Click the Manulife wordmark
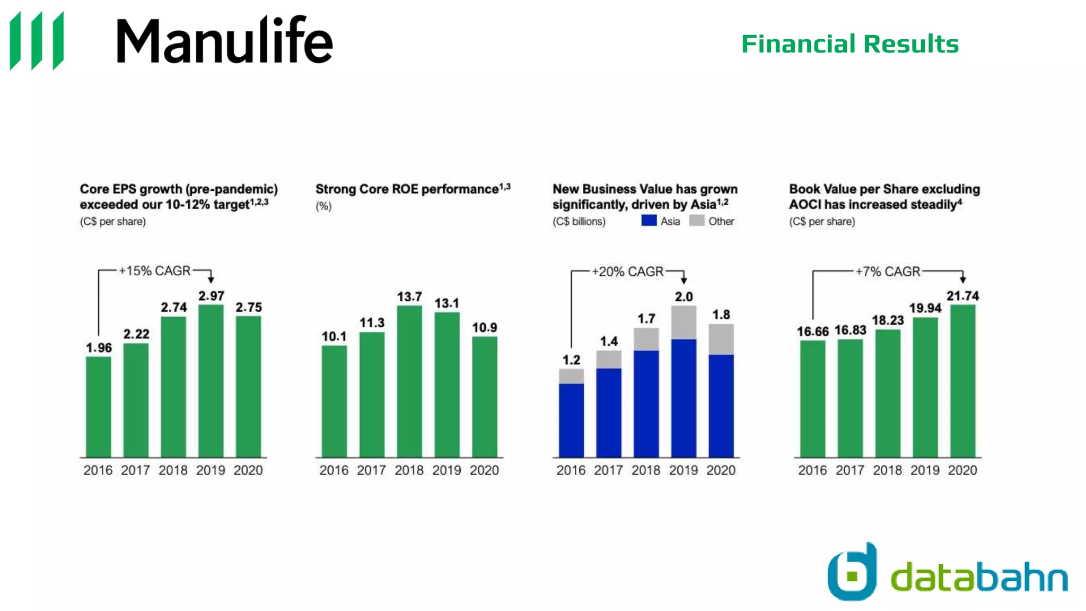[224, 41]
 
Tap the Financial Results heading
[849, 44]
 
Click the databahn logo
[947, 573]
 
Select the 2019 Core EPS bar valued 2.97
[211, 381]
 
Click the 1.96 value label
[99, 348]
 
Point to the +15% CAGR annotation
[154, 271]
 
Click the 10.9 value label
[485, 328]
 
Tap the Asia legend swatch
[649, 221]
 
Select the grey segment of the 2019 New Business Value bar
[684, 322]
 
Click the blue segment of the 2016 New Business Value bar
[571, 420]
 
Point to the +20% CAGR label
[628, 272]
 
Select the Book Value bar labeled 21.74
[962, 381]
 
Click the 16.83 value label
[850, 330]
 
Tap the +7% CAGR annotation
[888, 272]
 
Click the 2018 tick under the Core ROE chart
[409, 470]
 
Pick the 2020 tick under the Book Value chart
[962, 470]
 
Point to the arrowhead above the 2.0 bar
[684, 280]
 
